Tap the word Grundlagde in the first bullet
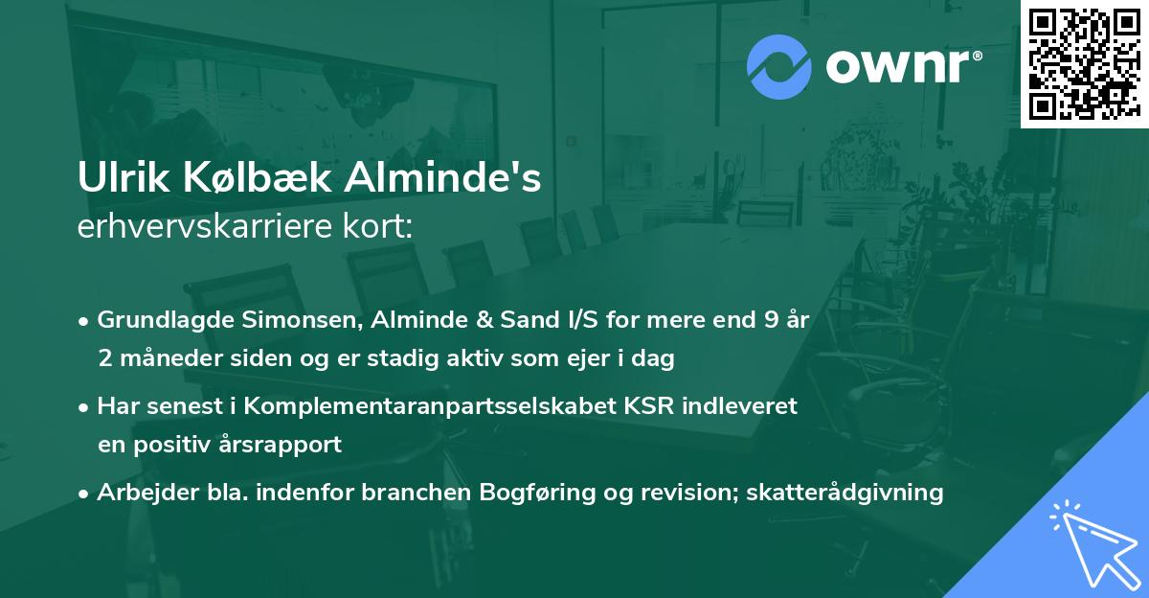tap(156, 320)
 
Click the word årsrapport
tap(284, 445)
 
